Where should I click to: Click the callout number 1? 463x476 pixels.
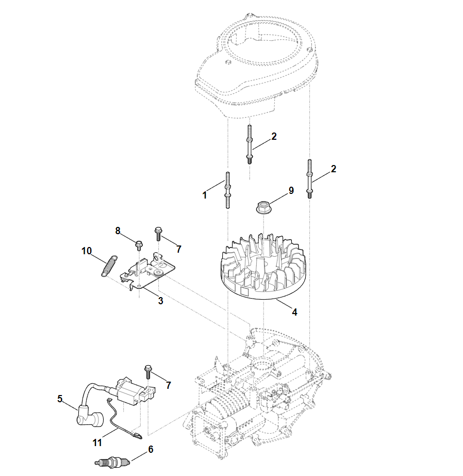[x=205, y=195]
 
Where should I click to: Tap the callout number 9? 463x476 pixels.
[x=291, y=190]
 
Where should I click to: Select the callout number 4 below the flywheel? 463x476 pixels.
[x=294, y=312]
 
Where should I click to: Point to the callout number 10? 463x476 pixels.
[x=86, y=251]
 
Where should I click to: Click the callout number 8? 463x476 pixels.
[x=118, y=231]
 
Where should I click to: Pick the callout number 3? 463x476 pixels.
[x=160, y=301]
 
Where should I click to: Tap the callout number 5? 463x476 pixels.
[x=60, y=398]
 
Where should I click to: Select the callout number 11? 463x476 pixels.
[x=97, y=442]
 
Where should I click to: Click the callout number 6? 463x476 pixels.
[x=151, y=449]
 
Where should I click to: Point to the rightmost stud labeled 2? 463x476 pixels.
[x=309, y=177]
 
